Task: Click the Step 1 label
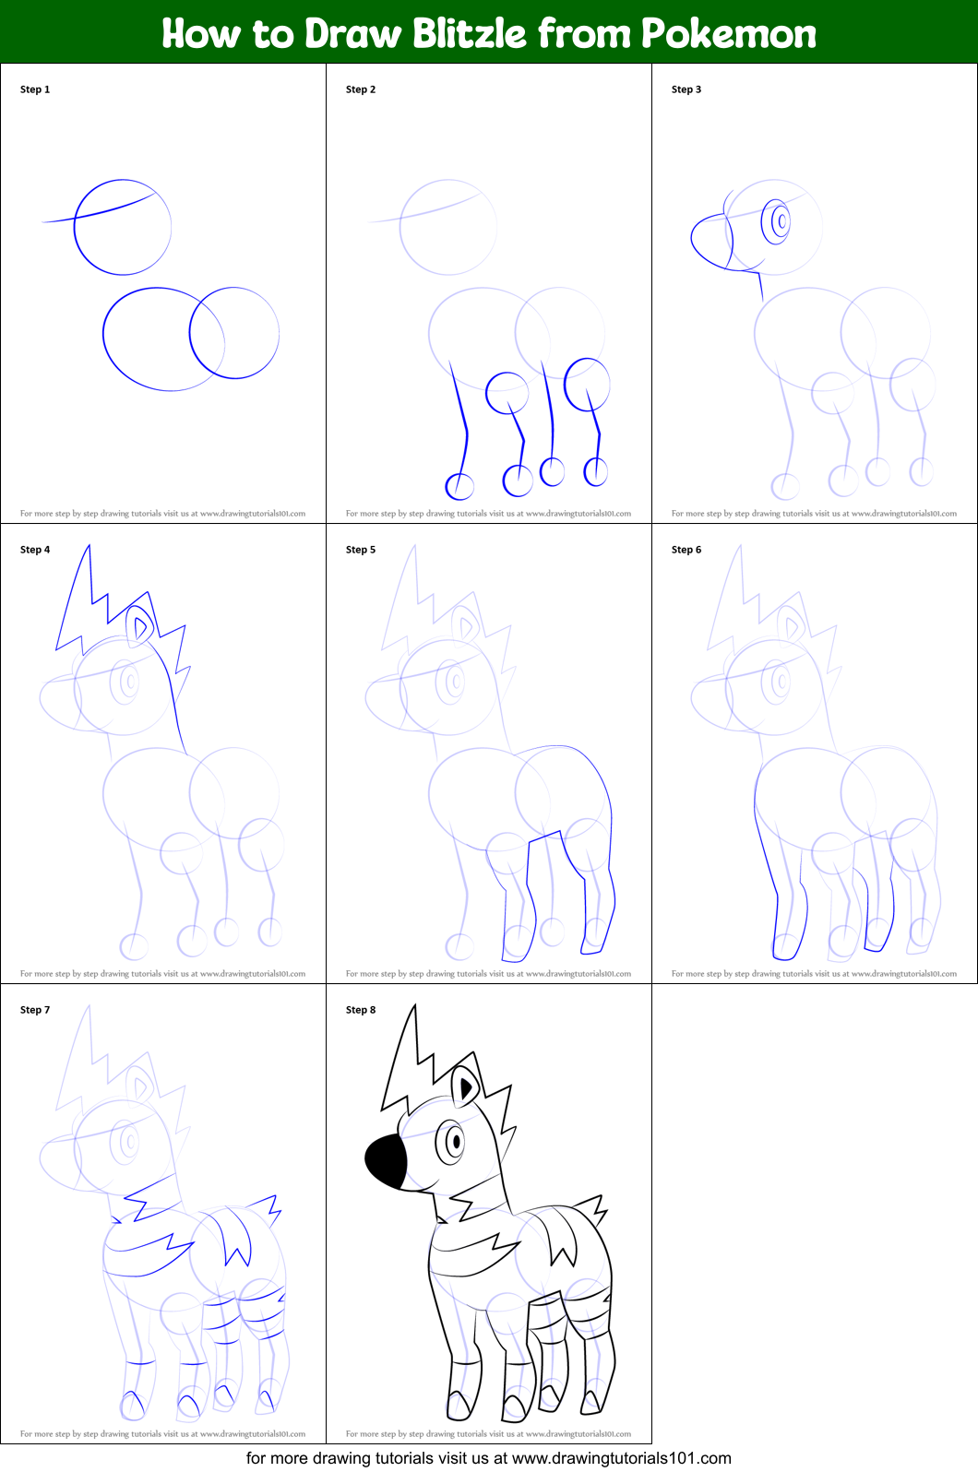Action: (x=35, y=89)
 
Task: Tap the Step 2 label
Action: (x=361, y=89)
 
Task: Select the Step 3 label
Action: (x=686, y=89)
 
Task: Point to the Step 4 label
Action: (x=35, y=550)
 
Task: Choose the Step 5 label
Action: (x=361, y=550)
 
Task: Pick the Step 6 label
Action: (x=686, y=550)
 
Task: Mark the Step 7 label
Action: (x=35, y=1010)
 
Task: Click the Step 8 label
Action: (x=361, y=1010)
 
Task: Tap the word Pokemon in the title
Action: (x=729, y=33)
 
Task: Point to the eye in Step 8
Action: (x=453, y=1141)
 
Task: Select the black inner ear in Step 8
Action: (x=465, y=1089)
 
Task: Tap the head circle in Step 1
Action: (x=123, y=228)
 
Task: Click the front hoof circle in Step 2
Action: (x=459, y=485)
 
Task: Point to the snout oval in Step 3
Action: (x=711, y=242)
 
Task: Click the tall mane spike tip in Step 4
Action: (x=89, y=548)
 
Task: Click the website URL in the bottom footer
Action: (x=621, y=1458)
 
